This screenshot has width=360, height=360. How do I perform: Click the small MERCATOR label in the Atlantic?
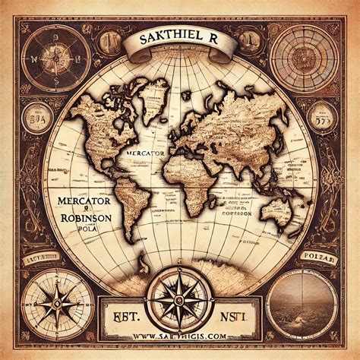tap(147, 153)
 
